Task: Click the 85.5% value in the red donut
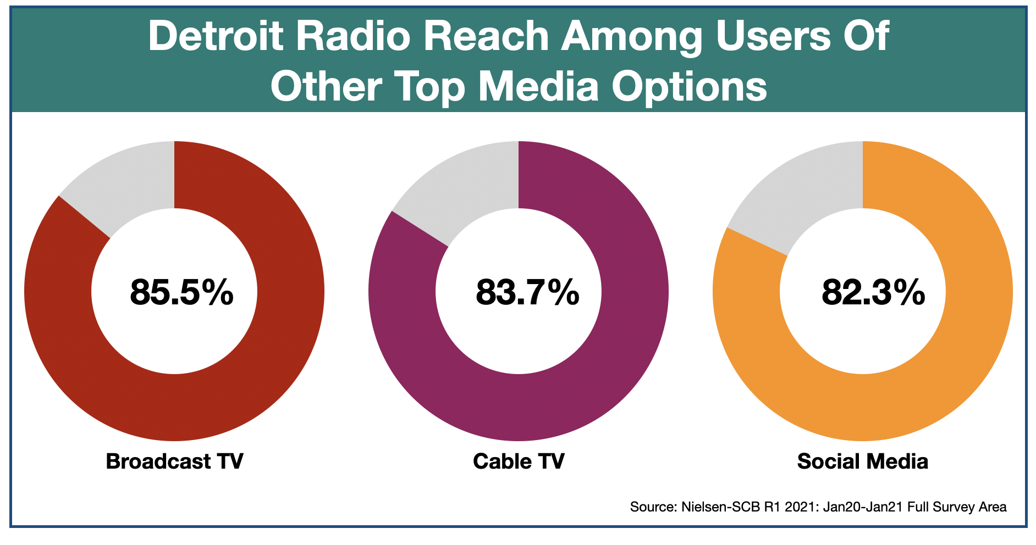pos(181,292)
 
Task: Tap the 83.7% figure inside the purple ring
pos(527,292)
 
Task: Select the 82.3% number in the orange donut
pos(873,292)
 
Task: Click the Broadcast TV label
pos(174,461)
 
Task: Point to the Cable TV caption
pos(519,461)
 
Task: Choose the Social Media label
pos(862,461)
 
